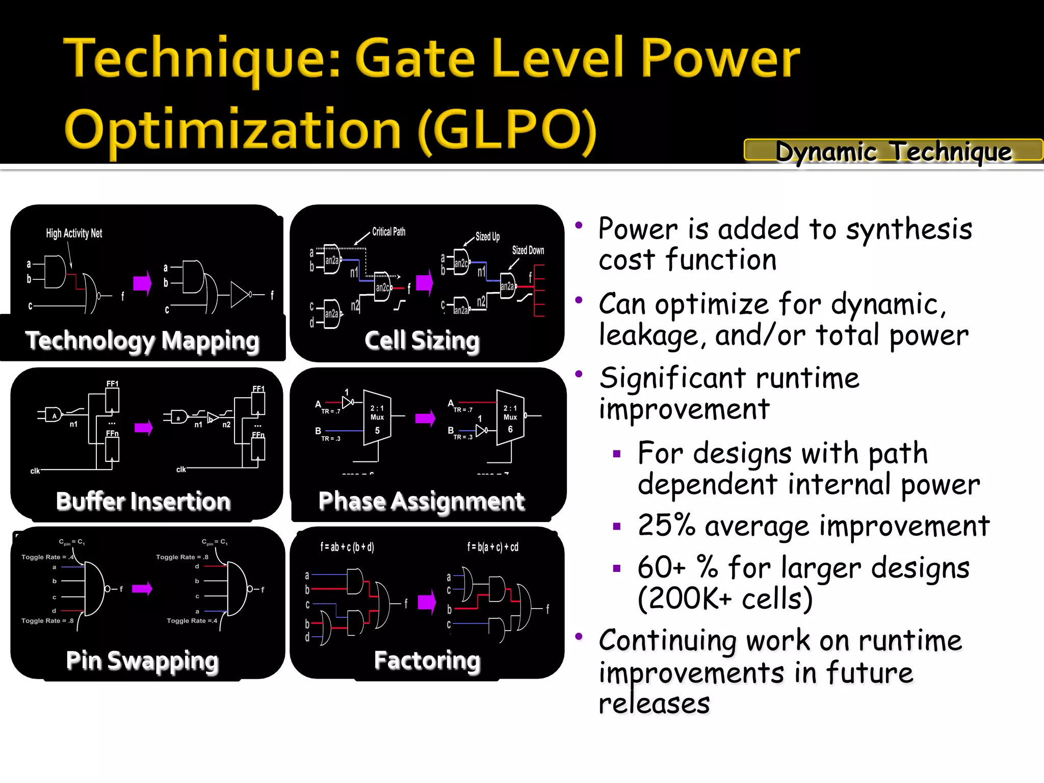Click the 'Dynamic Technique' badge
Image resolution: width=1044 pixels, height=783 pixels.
point(893,151)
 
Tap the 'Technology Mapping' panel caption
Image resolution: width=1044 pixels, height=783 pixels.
point(142,341)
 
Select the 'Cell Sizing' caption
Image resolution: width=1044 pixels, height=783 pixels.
point(422,340)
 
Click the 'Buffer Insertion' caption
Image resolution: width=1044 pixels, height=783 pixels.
point(143,501)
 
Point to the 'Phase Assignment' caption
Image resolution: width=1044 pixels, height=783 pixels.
point(421,501)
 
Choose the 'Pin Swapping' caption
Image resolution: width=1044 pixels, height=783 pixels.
point(142,661)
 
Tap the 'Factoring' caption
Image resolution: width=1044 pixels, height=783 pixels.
point(427,660)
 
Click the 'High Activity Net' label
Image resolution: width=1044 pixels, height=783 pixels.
point(74,233)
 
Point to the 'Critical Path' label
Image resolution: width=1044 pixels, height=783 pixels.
point(388,231)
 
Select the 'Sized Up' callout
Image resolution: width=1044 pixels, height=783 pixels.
point(487,237)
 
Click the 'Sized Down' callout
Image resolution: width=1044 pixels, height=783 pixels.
point(528,250)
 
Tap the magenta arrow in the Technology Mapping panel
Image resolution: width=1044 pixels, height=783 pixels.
point(142,283)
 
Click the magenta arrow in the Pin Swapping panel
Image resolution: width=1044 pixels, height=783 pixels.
point(142,589)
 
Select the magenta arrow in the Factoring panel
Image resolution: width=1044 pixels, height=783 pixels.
point(427,602)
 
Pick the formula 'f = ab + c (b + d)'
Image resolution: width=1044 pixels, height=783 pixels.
point(347,547)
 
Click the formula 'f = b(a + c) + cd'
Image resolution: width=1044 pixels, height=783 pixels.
point(492,547)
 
